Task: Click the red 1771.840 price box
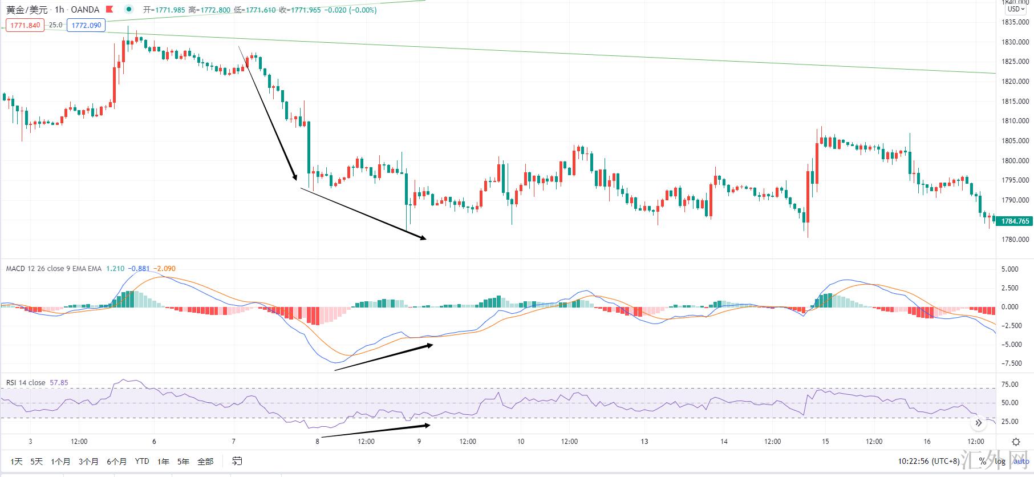pyautogui.click(x=25, y=25)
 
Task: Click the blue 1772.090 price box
pyautogui.click(x=86, y=25)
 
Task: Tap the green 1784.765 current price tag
pyautogui.click(x=1015, y=221)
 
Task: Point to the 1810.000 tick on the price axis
pyautogui.click(x=1015, y=121)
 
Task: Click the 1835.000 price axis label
pyautogui.click(x=1015, y=22)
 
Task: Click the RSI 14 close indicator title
pyautogui.click(x=26, y=383)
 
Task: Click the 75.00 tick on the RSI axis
pyautogui.click(x=1010, y=385)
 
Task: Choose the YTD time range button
pyautogui.click(x=142, y=461)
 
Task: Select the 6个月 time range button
pyautogui.click(x=116, y=461)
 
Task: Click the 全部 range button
pyautogui.click(x=205, y=461)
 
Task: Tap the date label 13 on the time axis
pyautogui.click(x=644, y=442)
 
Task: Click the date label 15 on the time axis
pyautogui.click(x=825, y=442)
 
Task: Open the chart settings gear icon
pyautogui.click(x=1016, y=442)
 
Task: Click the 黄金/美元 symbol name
pyautogui.click(x=27, y=10)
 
